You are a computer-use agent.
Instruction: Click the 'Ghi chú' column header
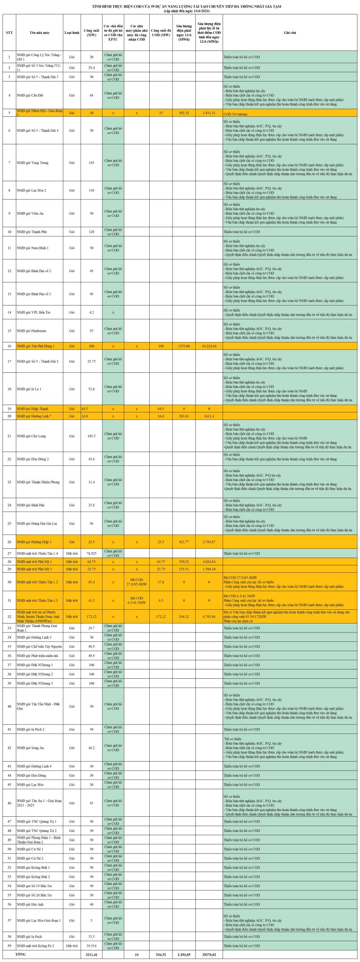(x=290, y=33)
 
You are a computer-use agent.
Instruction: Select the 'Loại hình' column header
(x=72, y=33)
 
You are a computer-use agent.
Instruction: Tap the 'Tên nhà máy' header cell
(x=39, y=33)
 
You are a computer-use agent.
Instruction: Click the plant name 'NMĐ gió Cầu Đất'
(x=30, y=95)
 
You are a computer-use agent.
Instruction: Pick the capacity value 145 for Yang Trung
(x=91, y=163)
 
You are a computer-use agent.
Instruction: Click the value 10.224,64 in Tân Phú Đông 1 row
(x=209, y=346)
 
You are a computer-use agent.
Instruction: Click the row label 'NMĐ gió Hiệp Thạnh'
(x=33, y=408)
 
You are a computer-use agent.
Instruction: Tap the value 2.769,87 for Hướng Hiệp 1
(x=209, y=542)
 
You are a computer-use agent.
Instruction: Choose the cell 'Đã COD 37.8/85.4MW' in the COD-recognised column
(x=136, y=582)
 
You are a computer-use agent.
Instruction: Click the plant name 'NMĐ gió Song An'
(x=28, y=748)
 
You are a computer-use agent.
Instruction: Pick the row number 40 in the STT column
(x=9, y=706)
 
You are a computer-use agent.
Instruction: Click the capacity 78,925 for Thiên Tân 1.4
(x=91, y=553)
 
